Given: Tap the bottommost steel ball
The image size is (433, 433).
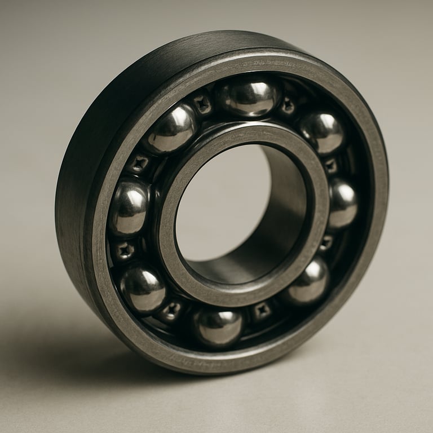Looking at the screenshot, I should pyautogui.click(x=218, y=326).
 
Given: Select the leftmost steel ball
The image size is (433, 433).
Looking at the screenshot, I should pyautogui.click(x=129, y=207).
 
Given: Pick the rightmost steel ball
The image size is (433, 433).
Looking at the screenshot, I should pyautogui.click(x=342, y=202).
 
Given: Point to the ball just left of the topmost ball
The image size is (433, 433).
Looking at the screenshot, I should pyautogui.click(x=172, y=129).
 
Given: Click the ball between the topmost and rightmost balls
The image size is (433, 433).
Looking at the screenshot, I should pyautogui.click(x=322, y=132).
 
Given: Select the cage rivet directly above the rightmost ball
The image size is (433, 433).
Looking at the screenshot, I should pyautogui.click(x=331, y=166).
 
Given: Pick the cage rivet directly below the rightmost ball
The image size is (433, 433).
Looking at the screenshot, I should pyautogui.click(x=326, y=242).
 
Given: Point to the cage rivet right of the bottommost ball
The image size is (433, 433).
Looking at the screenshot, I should pyautogui.click(x=262, y=310).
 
